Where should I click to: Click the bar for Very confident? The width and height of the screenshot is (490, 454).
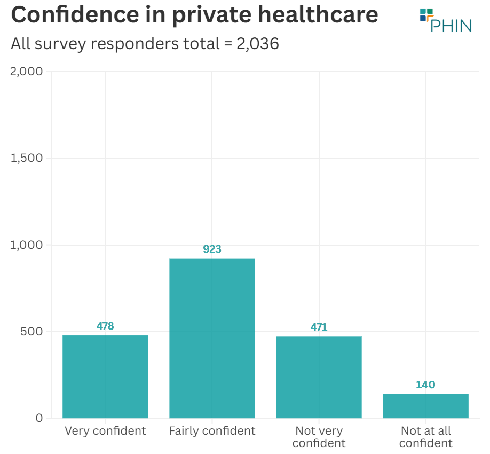click(x=105, y=377)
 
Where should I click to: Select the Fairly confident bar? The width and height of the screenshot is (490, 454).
click(x=212, y=338)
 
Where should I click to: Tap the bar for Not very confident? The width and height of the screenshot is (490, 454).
click(x=319, y=377)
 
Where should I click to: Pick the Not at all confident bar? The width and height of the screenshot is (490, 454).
click(x=425, y=406)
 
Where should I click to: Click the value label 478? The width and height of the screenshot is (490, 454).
click(x=105, y=326)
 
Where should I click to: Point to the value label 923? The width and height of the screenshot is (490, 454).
click(x=212, y=249)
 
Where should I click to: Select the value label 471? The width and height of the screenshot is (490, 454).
click(x=319, y=327)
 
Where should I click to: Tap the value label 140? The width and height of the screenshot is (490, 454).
click(x=425, y=385)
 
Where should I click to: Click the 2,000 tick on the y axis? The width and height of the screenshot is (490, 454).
click(x=27, y=72)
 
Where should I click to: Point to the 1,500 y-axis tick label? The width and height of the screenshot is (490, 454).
click(x=27, y=158)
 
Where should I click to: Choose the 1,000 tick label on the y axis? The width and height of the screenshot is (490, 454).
click(x=27, y=245)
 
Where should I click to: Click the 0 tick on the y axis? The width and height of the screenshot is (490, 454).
click(x=39, y=418)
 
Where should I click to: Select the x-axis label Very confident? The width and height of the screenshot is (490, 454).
click(x=105, y=431)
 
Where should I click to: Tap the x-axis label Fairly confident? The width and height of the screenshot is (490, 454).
click(x=212, y=431)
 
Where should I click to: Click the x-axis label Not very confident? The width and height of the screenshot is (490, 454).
click(x=319, y=437)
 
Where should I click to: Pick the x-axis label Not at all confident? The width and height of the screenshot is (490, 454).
click(x=425, y=437)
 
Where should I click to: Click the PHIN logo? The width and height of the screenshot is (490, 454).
click(x=445, y=20)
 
